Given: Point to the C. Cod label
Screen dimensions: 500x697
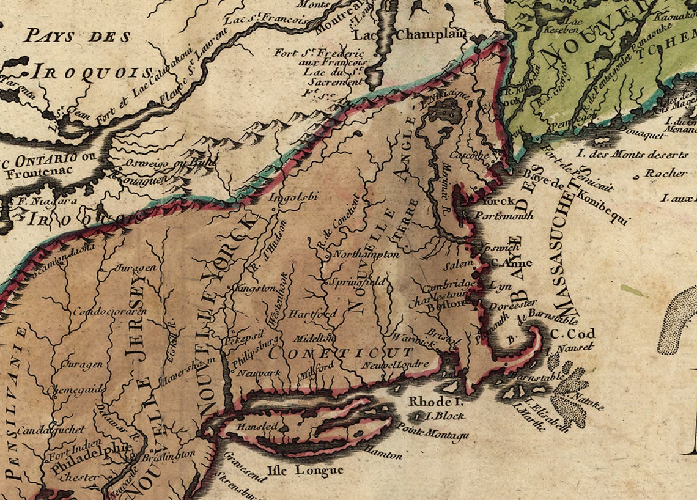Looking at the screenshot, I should click(x=572, y=334).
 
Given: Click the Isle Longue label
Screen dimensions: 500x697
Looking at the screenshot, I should click(x=303, y=470).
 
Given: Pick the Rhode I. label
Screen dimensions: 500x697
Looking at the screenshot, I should click(x=436, y=402).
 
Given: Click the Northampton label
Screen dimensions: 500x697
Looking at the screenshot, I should click(x=366, y=254).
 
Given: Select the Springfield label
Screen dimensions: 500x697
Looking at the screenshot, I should click(x=357, y=282).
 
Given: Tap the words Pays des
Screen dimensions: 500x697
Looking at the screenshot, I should click(x=77, y=36).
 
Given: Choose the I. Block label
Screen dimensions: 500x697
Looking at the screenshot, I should click(x=445, y=416).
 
